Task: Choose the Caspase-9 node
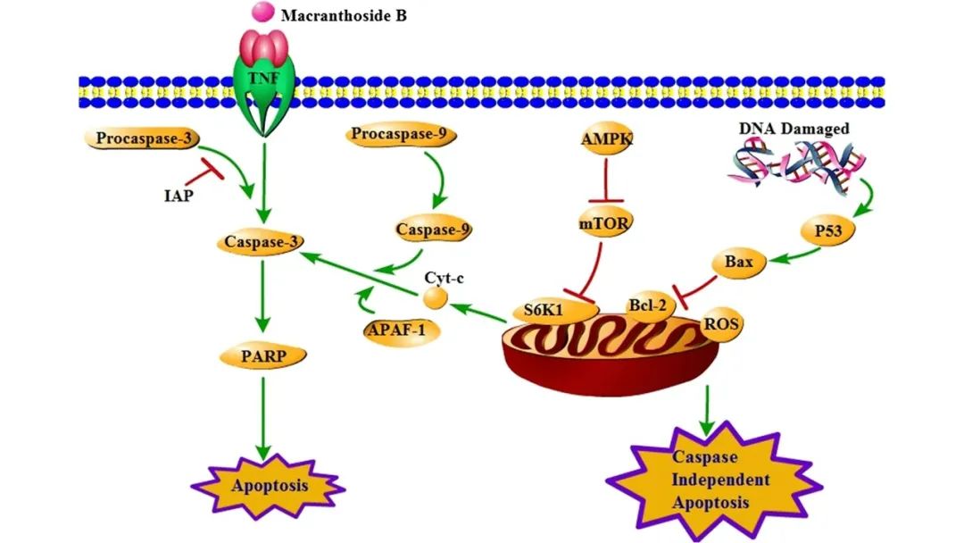click(x=433, y=230)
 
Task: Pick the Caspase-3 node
click(x=262, y=241)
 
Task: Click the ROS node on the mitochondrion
click(x=719, y=322)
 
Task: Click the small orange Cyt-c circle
click(x=436, y=297)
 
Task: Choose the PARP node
click(x=262, y=356)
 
